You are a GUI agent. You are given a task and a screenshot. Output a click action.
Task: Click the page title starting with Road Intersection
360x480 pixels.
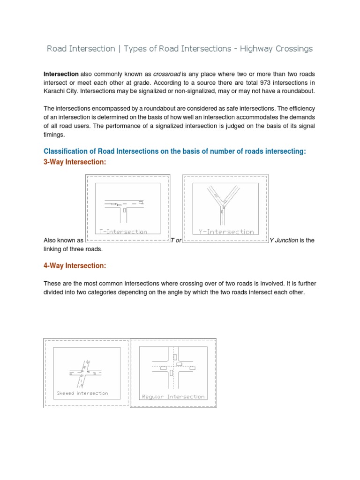pos(180,49)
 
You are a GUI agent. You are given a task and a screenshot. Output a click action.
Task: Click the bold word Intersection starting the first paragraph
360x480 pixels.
pos(61,74)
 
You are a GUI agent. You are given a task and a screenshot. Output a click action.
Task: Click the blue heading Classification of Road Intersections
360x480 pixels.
pos(174,151)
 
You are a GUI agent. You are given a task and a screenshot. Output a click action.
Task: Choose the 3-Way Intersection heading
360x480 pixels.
pos(75,162)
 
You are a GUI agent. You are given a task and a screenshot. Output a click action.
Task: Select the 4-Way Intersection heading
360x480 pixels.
pos(75,266)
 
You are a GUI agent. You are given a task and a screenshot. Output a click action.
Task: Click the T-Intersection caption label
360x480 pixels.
pos(124,232)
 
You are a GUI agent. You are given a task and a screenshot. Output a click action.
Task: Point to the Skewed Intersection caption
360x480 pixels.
pos(82,393)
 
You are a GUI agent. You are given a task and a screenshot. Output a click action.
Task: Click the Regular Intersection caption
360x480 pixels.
pos(173,397)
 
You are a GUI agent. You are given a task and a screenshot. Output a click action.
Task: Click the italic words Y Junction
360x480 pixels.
pos(284,240)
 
